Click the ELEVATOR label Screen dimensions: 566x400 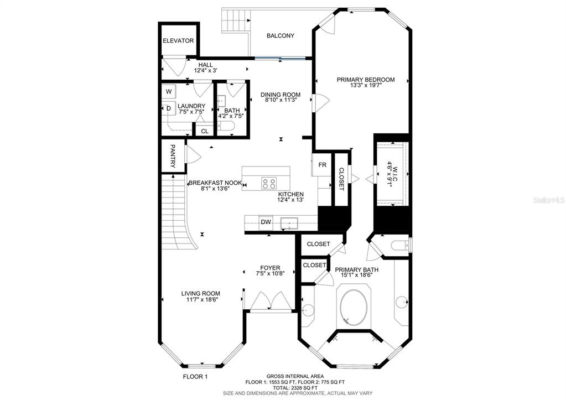pyautogui.click(x=178, y=41)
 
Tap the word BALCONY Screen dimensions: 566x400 pyautogui.click(x=281, y=36)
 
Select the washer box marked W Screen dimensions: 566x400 pyautogui.click(x=169, y=92)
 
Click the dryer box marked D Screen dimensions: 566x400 pyautogui.click(x=169, y=108)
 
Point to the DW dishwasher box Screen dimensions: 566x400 pyautogui.click(x=266, y=222)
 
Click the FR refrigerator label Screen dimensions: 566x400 pyautogui.click(x=323, y=165)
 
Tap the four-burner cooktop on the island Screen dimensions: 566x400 pyautogui.click(x=269, y=183)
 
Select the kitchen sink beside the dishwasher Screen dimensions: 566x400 pyautogui.click(x=289, y=224)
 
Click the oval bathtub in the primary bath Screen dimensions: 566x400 pyautogui.click(x=354, y=307)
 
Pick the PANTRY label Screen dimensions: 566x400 pyautogui.click(x=173, y=156)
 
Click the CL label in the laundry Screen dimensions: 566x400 pyautogui.click(x=205, y=132)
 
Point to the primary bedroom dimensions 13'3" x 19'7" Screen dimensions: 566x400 pyautogui.click(x=366, y=86)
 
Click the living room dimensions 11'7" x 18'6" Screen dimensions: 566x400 pyautogui.click(x=201, y=299)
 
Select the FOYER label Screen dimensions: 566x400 pyautogui.click(x=270, y=268)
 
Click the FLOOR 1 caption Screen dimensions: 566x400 pyautogui.click(x=195, y=377)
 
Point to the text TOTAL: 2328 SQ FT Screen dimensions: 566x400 pyautogui.click(x=295, y=387)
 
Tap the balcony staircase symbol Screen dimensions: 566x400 pyautogui.click(x=236, y=21)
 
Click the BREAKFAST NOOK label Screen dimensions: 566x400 pyautogui.click(x=215, y=183)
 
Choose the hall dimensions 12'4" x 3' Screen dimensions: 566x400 pyautogui.click(x=205, y=71)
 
